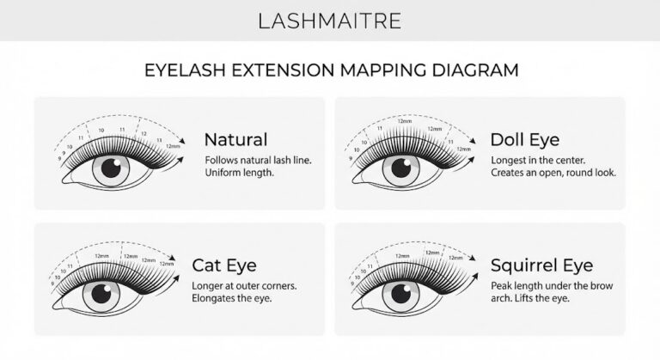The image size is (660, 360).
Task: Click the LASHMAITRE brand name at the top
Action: click(x=329, y=20)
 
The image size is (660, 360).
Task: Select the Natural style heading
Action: click(x=235, y=139)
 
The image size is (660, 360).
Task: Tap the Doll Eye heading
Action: click(x=525, y=139)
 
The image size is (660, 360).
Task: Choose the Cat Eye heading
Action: click(x=223, y=265)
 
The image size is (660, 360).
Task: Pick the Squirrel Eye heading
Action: click(x=541, y=265)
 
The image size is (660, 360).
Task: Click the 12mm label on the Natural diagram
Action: click(x=174, y=146)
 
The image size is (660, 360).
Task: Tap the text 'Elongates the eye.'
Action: click(x=231, y=299)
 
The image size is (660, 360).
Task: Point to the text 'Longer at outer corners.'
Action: click(x=245, y=285)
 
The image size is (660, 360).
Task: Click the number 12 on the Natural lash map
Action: click(x=143, y=133)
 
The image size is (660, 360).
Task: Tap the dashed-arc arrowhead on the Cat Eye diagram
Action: click(x=174, y=257)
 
